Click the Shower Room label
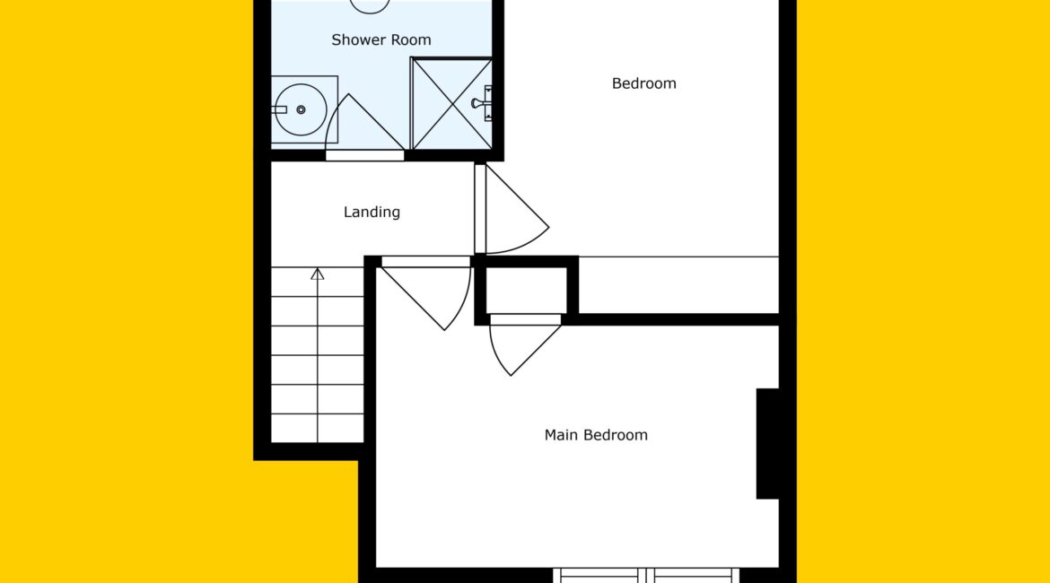pos(381,40)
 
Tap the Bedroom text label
pos(643,83)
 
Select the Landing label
pos(372,213)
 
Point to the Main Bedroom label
pos(596,435)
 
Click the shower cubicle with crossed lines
pos(451,104)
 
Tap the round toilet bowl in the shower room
pos(302,109)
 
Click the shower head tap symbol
pos(482,103)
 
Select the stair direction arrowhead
pos(318,274)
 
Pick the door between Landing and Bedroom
pos(512,210)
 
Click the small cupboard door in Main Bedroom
pos(525,345)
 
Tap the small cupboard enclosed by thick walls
pos(526,291)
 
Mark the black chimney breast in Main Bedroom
pos(767,443)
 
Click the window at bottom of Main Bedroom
pos(646,575)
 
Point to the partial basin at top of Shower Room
pos(370,6)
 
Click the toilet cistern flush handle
pos(279,109)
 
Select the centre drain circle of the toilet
pos(302,109)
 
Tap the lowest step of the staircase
pos(318,429)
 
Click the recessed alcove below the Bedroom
pos(678,285)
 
